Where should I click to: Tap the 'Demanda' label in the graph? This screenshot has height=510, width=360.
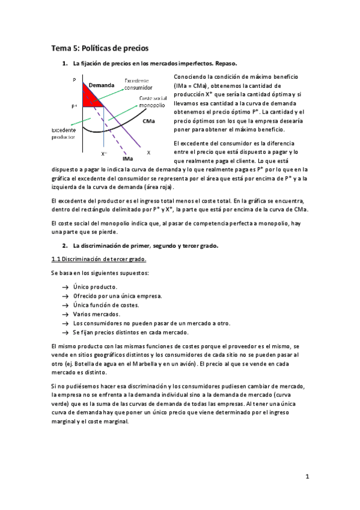[x=101, y=86]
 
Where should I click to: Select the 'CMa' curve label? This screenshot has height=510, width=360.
[x=148, y=121]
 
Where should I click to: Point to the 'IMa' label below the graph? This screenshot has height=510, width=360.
[x=127, y=159]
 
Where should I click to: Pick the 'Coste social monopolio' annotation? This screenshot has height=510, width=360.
[x=151, y=102]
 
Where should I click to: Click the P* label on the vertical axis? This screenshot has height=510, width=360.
[x=74, y=107]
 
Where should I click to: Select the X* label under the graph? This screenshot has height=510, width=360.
[x=104, y=154]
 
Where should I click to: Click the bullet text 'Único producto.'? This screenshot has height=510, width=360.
[x=95, y=287]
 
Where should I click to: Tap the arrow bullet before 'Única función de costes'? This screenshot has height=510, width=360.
[x=65, y=305]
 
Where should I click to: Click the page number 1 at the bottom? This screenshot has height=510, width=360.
[x=307, y=477]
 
